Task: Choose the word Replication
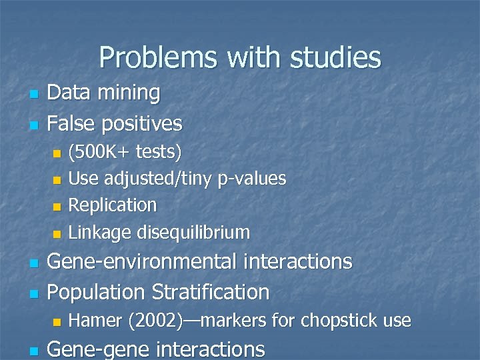coord(113,205)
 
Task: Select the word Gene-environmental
coord(139,262)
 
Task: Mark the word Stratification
coord(211,292)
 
